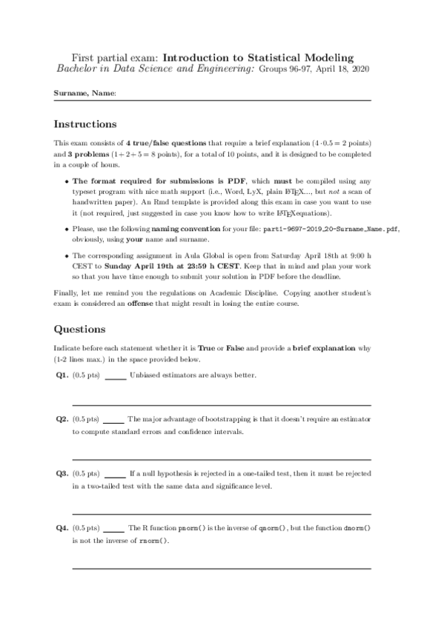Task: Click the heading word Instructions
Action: (x=85, y=124)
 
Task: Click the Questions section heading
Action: (x=79, y=329)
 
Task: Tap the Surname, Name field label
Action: (x=85, y=93)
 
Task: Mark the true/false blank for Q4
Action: (x=113, y=530)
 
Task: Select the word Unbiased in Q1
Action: (x=145, y=375)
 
